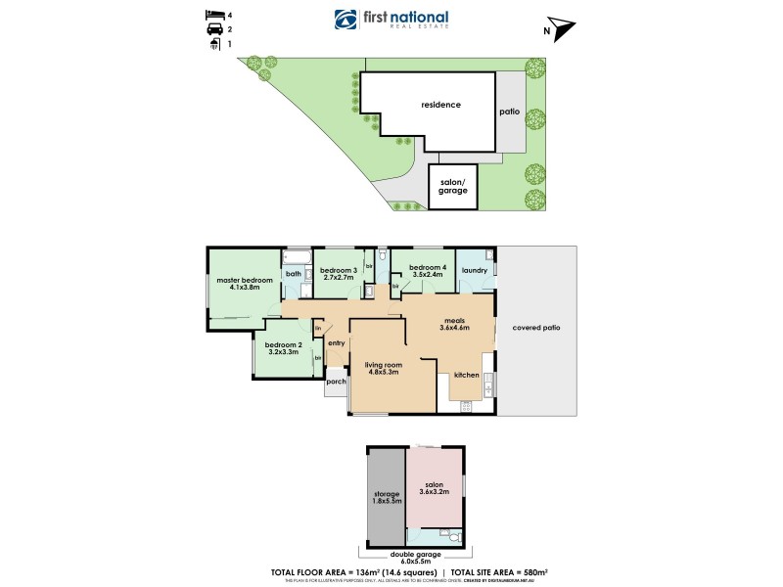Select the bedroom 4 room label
coord(427,268)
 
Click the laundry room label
coord(475,271)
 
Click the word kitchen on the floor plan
coord(466,376)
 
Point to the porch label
coord(336,382)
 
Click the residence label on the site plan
coord(440,105)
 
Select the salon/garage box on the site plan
coord(452,188)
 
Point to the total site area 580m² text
coord(490,571)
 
